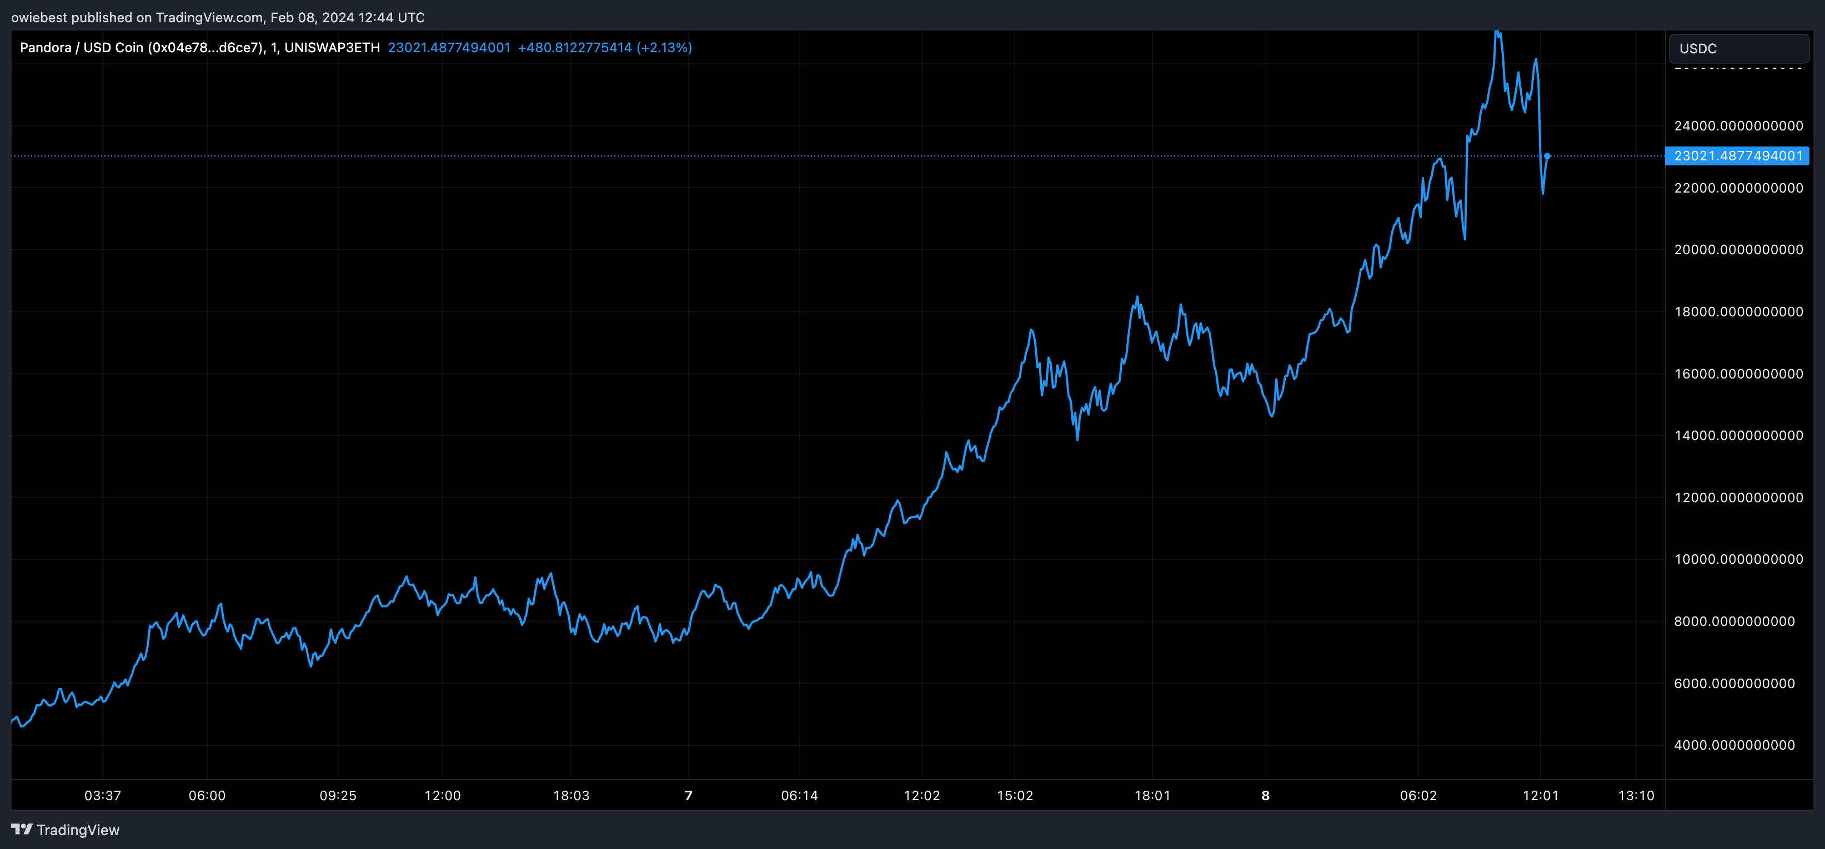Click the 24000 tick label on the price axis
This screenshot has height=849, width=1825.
click(1738, 126)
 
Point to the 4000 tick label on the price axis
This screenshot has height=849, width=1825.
click(1738, 745)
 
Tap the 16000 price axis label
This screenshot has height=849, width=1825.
click(1738, 374)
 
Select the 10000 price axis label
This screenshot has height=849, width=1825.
click(1738, 559)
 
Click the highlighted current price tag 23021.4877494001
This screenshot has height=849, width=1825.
click(1737, 156)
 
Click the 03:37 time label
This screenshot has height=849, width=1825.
click(103, 796)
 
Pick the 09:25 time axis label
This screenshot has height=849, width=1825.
click(338, 796)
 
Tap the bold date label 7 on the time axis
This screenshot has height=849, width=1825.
click(688, 796)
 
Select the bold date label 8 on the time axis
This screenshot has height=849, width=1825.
click(1265, 796)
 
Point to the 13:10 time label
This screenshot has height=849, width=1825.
click(1636, 796)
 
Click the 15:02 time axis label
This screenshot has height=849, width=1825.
click(1015, 796)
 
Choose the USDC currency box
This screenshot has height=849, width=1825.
click(1738, 49)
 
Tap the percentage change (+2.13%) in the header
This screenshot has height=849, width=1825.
click(665, 47)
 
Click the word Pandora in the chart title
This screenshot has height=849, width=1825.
click(46, 47)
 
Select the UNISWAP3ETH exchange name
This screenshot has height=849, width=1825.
click(332, 47)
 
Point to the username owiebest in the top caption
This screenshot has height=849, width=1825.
click(39, 17)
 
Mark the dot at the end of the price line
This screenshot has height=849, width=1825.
click(1547, 156)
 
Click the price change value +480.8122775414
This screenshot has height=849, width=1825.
click(575, 47)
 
